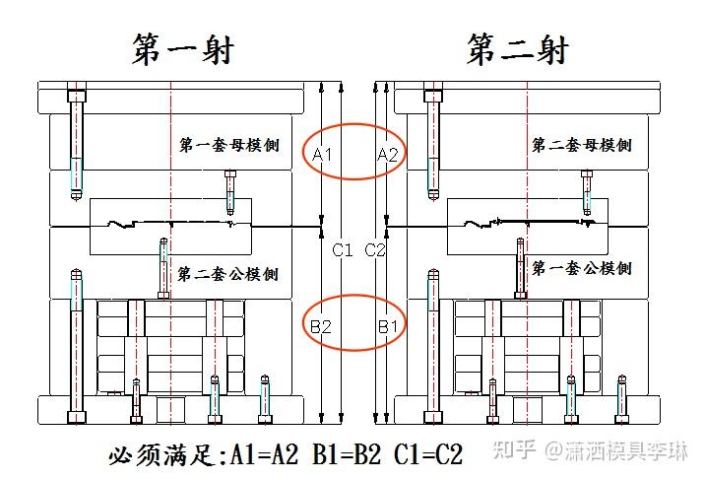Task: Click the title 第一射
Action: click(183, 48)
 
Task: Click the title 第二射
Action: click(518, 48)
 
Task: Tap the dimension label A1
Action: click(323, 155)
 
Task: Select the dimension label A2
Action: click(387, 154)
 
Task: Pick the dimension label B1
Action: click(388, 325)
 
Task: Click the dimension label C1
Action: click(342, 250)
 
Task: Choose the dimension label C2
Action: click(376, 250)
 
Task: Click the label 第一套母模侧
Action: click(228, 146)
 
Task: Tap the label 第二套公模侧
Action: click(228, 273)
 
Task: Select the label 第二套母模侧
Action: click(581, 146)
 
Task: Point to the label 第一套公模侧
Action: click(581, 268)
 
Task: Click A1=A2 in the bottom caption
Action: click(265, 455)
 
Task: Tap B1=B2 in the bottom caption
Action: click(346, 455)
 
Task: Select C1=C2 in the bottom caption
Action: click(426, 455)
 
